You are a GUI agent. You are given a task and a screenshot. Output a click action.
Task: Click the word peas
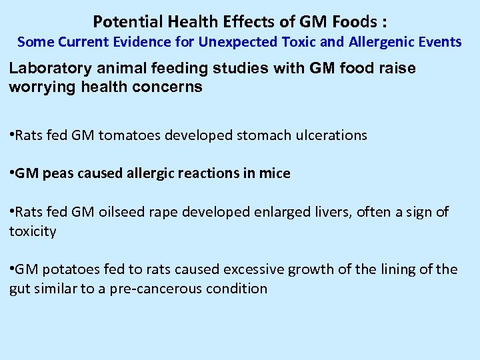pyautogui.click(x=58, y=173)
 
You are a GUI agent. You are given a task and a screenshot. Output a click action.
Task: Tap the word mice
pyautogui.click(x=276, y=173)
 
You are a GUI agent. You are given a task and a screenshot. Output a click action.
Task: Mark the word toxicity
pyautogui.click(x=33, y=231)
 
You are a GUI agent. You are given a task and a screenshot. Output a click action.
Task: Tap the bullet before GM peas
pyautogui.click(x=11, y=173)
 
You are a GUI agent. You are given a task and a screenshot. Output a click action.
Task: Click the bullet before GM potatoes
pyautogui.click(x=11, y=269)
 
